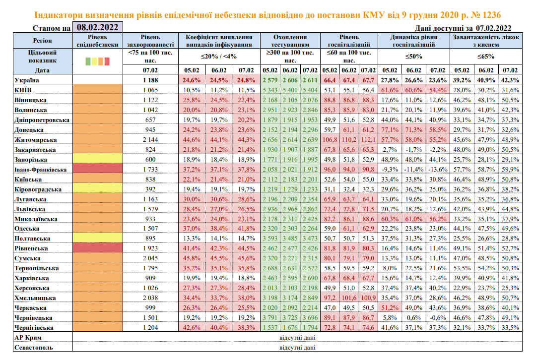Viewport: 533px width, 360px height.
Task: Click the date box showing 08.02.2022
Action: coord(97,28)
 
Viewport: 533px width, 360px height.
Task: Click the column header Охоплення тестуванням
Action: coord(290,41)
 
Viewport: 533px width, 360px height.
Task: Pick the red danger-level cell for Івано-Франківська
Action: coord(97,170)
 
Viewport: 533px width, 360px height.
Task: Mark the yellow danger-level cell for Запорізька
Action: coord(97,160)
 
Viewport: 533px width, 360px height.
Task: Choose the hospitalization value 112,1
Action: coord(368,140)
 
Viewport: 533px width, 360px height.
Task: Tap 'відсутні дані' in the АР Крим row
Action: coord(296,338)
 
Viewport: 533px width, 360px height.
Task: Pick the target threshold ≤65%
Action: coord(486,56)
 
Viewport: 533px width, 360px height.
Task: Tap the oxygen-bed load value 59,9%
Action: coord(510,170)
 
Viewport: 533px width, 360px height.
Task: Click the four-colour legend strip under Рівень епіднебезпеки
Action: coord(97,61)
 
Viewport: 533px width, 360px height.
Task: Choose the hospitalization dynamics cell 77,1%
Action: coord(390,130)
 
